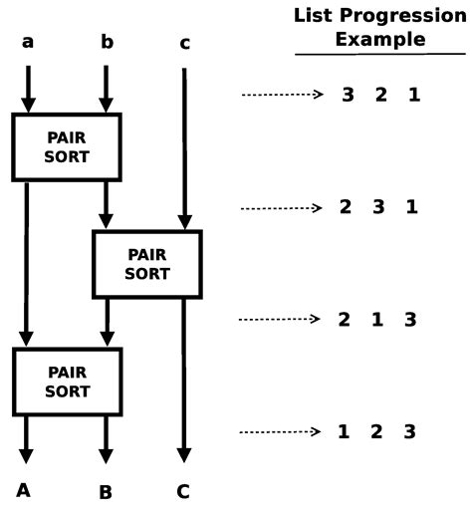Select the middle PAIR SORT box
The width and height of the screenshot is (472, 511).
click(x=146, y=264)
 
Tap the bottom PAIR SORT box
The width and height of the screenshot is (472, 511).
click(x=67, y=381)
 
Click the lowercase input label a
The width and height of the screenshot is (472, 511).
click(x=27, y=42)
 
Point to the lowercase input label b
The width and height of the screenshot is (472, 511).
click(x=107, y=42)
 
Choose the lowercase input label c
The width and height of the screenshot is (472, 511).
click(x=184, y=43)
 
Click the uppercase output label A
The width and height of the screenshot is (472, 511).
click(x=24, y=489)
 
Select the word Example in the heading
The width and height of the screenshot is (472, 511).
click(x=379, y=40)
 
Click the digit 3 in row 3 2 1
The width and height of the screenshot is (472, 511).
click(x=348, y=96)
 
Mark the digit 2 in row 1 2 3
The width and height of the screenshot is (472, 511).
click(x=377, y=432)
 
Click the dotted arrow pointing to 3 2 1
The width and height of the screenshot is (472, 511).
click(x=283, y=96)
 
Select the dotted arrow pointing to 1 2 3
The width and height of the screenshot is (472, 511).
click(x=283, y=432)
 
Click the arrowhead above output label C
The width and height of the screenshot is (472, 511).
click(x=183, y=456)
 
